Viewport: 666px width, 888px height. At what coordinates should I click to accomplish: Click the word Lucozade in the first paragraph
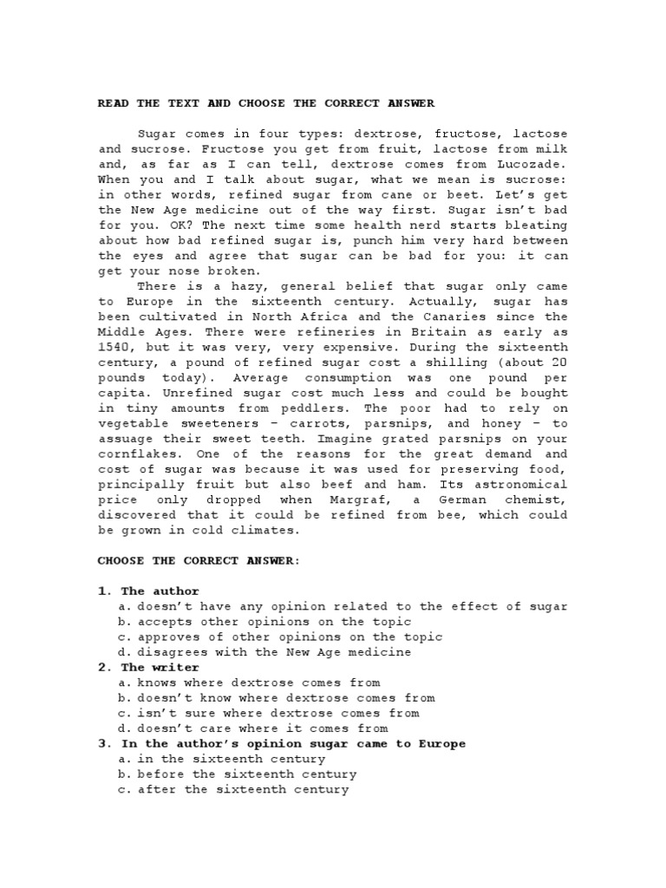pos(537,164)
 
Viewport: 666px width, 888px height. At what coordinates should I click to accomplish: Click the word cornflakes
pos(136,454)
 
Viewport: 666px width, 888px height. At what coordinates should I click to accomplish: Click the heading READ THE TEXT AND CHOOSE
pos(266,103)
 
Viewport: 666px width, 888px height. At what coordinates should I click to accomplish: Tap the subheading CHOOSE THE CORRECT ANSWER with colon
pos(199,560)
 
